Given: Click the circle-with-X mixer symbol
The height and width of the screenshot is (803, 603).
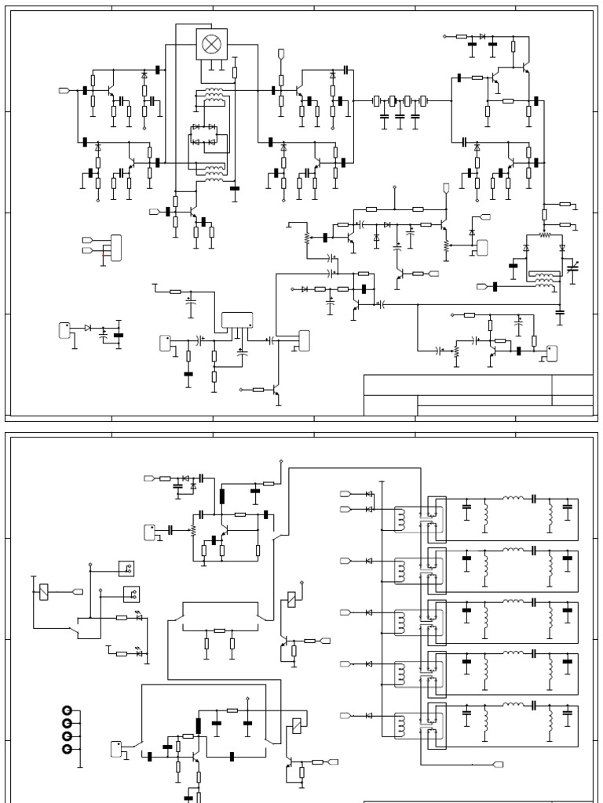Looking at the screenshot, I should click(x=211, y=44).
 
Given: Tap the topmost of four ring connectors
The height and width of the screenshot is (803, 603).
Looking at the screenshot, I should click(x=67, y=710).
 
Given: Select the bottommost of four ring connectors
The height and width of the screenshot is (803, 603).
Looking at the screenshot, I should click(x=67, y=750).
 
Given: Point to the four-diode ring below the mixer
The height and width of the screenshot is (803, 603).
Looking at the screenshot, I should click(x=204, y=134).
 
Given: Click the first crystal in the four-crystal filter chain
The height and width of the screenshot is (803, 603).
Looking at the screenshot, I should click(x=376, y=100).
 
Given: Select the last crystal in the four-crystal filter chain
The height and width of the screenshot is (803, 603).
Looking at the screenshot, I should click(x=423, y=100).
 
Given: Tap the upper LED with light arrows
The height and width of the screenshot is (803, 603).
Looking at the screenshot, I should click(x=139, y=617).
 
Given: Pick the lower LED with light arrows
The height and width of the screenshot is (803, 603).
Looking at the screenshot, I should click(x=139, y=652).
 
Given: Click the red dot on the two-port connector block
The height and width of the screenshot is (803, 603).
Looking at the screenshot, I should click(x=103, y=255).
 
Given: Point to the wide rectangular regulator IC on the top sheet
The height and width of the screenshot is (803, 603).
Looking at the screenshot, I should click(x=237, y=320).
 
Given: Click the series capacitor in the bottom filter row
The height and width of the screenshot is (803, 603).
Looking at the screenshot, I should click(x=533, y=704).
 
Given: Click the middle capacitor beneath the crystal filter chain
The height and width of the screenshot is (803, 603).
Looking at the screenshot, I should click(x=400, y=117).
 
